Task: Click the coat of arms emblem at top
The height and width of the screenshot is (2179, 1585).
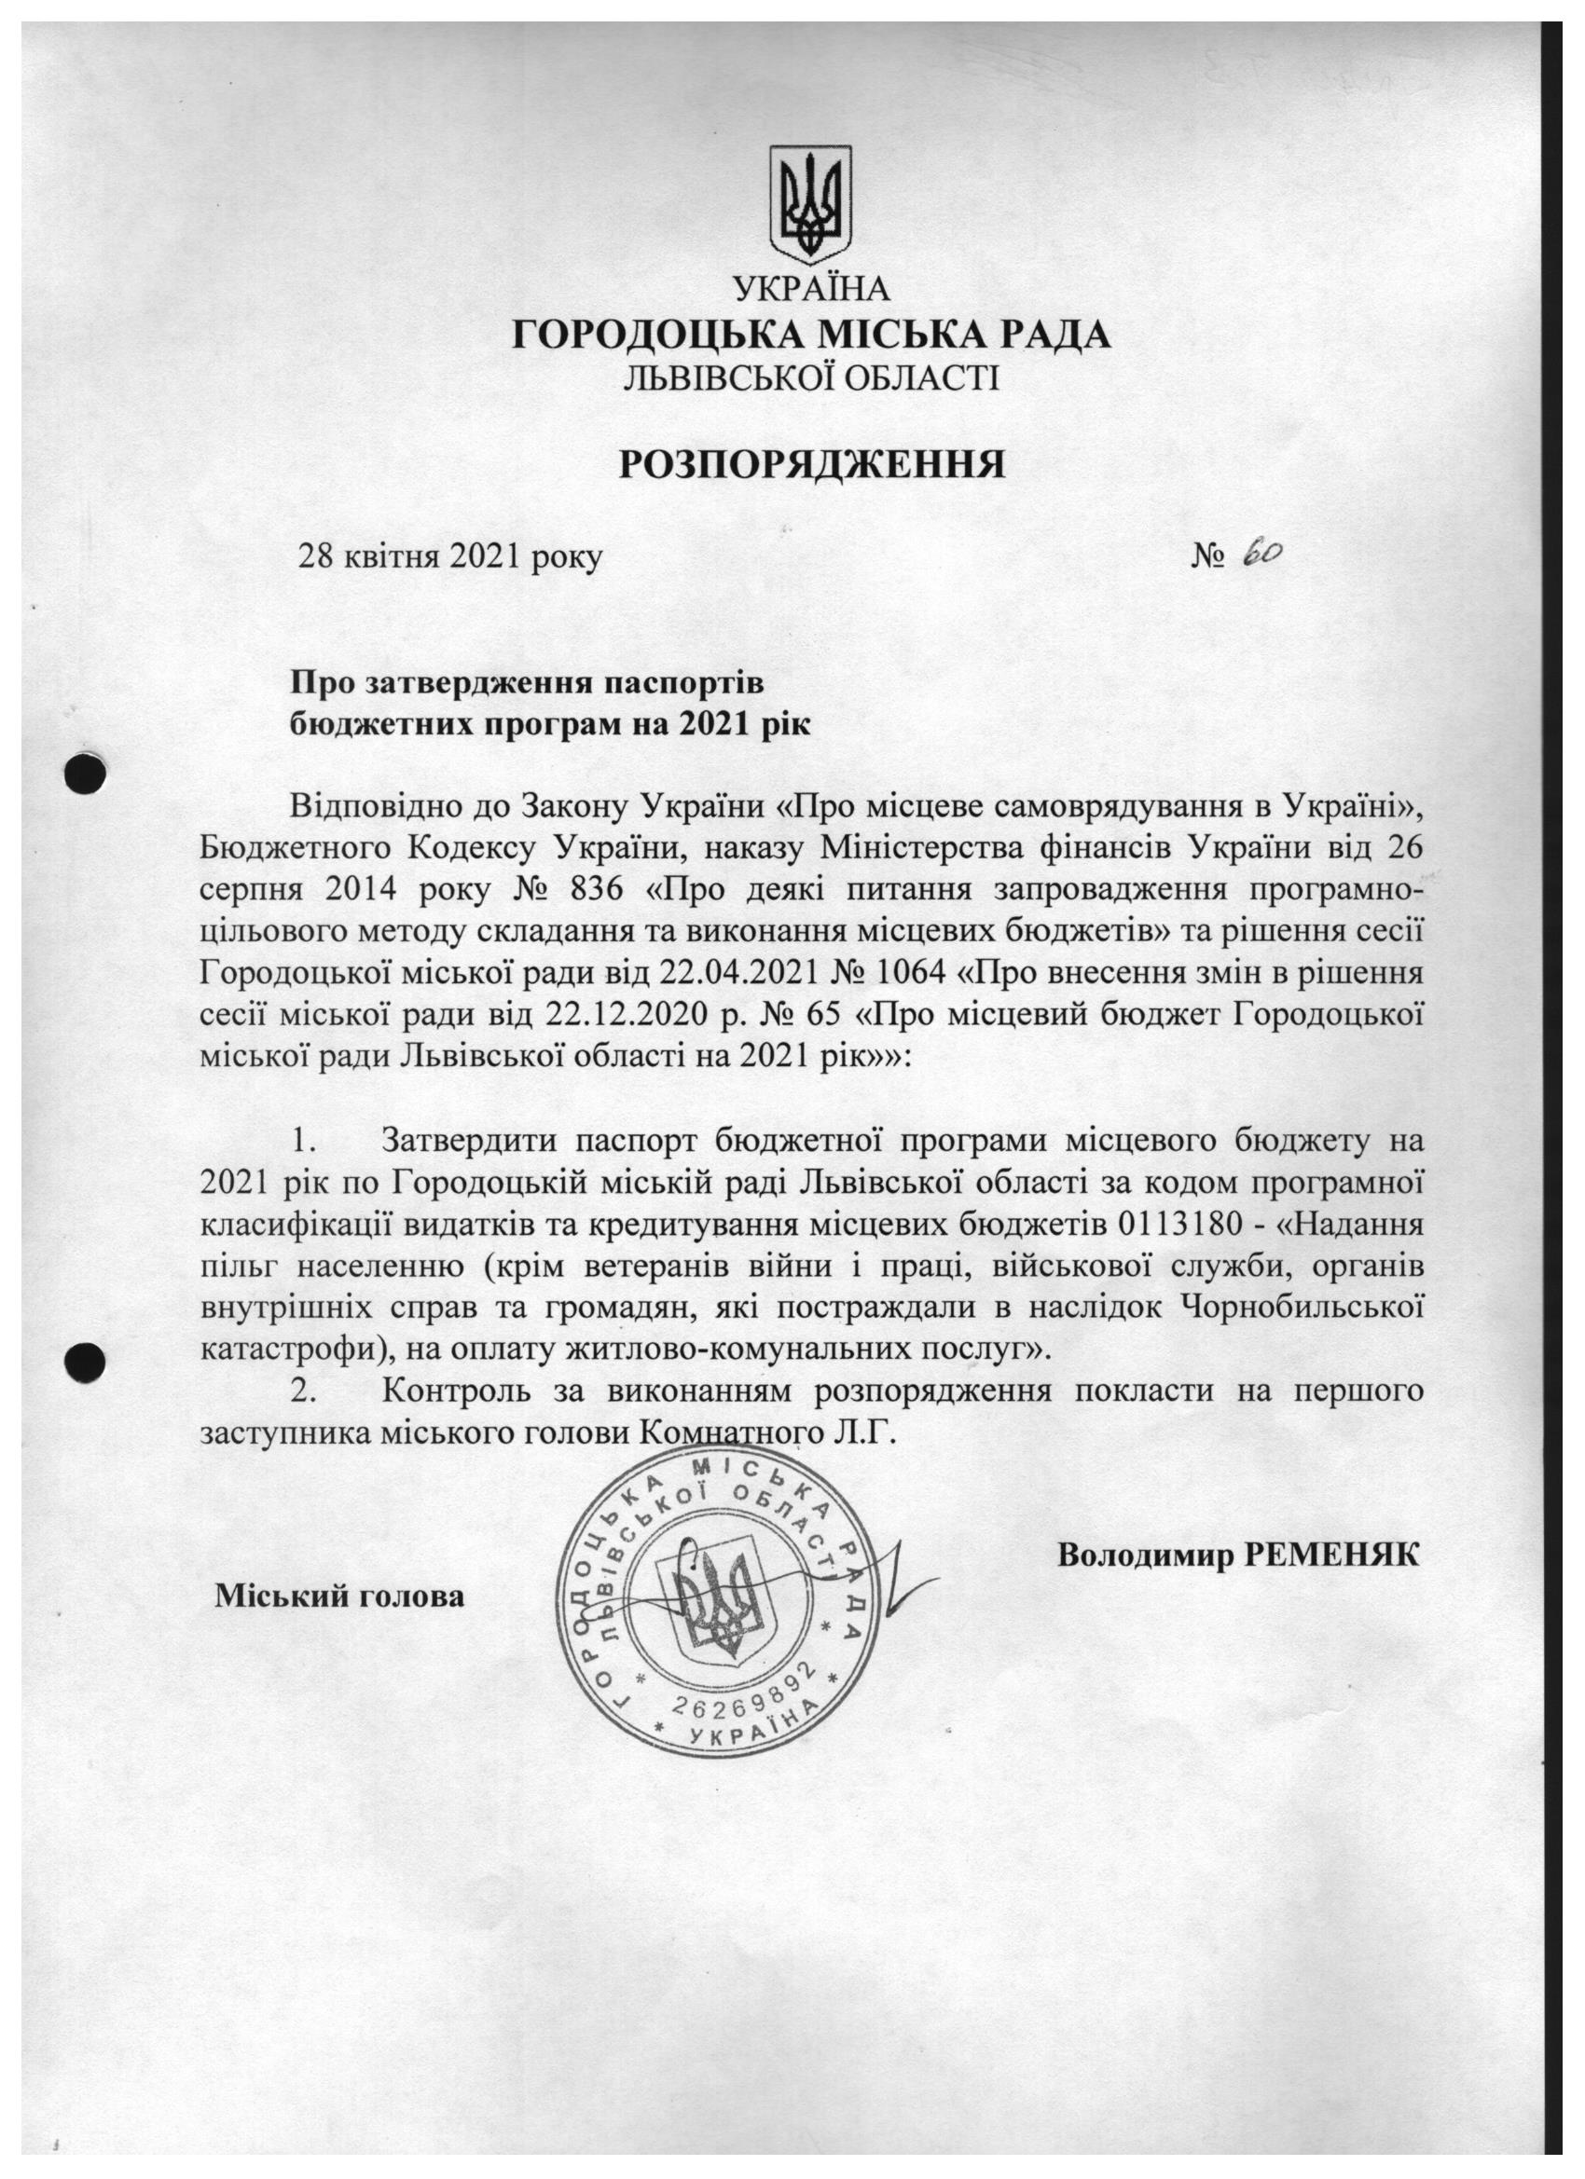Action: (810, 203)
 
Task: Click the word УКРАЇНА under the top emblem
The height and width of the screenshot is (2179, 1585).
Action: (811, 288)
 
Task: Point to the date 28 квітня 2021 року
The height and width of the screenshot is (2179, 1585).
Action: (451, 556)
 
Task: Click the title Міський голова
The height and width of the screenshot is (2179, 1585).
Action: (339, 1596)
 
